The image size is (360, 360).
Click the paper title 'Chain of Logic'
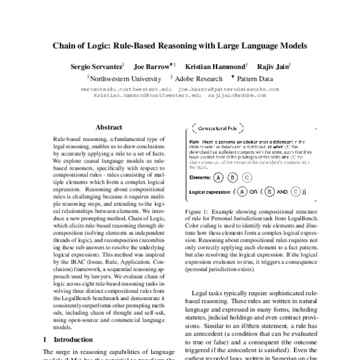coord(180,45)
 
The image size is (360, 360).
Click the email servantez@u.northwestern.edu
coord(126,89)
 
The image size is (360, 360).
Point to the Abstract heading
coord(109,127)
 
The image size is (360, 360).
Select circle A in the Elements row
coord(218,177)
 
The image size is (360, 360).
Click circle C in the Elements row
coord(248,177)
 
